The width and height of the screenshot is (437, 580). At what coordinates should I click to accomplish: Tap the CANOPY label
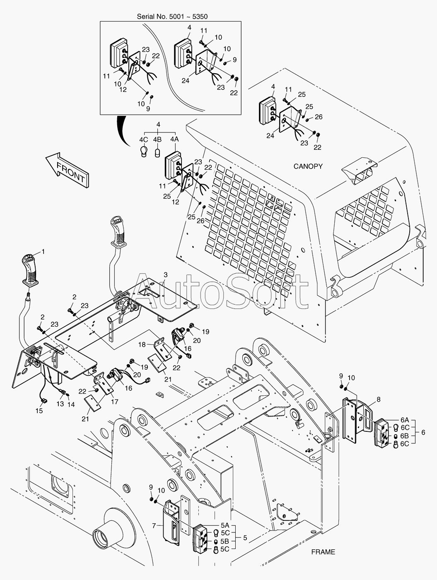click(x=308, y=166)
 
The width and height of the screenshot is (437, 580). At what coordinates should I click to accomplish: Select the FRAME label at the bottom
click(x=323, y=552)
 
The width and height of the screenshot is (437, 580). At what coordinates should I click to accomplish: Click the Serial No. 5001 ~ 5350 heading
click(x=172, y=17)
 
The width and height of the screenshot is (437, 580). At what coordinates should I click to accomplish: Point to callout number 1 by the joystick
click(x=43, y=252)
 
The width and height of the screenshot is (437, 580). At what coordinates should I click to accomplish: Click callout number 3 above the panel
click(x=166, y=274)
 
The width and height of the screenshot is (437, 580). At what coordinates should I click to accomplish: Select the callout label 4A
click(x=174, y=139)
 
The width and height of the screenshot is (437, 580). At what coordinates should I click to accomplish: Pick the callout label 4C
click(x=144, y=139)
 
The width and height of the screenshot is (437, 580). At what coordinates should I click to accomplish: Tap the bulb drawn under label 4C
click(x=144, y=152)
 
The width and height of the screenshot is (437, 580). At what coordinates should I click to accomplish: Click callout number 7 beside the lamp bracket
click(x=154, y=526)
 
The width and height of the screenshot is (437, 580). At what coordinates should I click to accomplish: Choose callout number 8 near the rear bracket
click(x=379, y=399)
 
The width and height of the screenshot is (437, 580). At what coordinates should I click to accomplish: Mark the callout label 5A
click(x=225, y=518)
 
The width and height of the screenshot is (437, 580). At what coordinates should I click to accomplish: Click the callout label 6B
click(x=405, y=436)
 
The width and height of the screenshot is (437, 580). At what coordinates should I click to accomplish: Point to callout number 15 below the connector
click(x=39, y=411)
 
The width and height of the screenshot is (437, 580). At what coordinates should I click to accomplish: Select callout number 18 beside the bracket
click(x=142, y=345)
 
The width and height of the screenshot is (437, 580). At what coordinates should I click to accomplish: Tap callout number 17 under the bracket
click(x=115, y=402)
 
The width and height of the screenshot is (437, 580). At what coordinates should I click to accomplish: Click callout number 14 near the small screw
click(x=71, y=404)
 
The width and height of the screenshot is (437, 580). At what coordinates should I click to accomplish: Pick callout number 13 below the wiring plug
click(x=60, y=404)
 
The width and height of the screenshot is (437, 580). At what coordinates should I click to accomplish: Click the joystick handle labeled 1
click(x=29, y=270)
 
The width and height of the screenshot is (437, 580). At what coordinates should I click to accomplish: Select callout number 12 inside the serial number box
click(x=123, y=89)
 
